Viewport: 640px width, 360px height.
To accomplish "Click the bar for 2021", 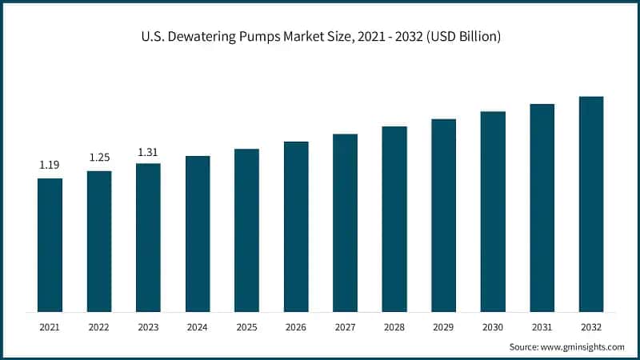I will [x=50, y=244].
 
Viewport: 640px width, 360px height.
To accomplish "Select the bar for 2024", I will [x=198, y=233].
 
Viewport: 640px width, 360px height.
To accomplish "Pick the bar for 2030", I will [x=493, y=211].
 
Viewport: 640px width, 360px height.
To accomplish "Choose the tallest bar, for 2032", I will [x=591, y=204].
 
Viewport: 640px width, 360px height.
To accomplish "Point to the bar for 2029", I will [x=443, y=215].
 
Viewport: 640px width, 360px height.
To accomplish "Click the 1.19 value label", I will [x=50, y=165].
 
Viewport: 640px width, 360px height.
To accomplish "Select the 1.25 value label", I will [x=99, y=158].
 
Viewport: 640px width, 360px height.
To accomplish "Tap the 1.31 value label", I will [x=148, y=151].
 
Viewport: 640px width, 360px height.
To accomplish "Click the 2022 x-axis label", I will [x=99, y=326].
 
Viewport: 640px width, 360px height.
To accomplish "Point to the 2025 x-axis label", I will [x=246, y=326].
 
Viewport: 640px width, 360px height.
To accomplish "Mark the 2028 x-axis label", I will [x=394, y=326].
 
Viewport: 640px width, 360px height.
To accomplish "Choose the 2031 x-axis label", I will [x=542, y=326].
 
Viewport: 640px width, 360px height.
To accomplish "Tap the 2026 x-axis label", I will [x=296, y=326].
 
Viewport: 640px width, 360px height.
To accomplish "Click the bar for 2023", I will [x=148, y=237].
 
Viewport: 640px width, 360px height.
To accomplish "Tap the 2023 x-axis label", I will [x=148, y=326].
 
